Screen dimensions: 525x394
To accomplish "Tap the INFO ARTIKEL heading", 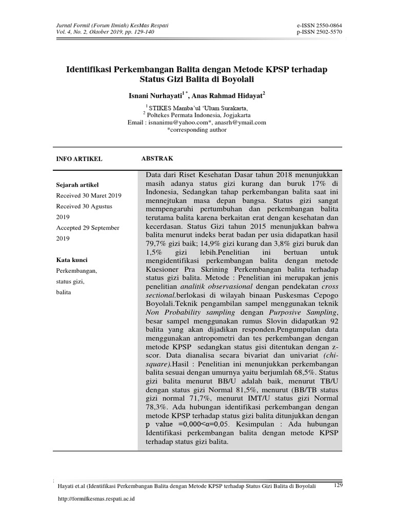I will click(x=79, y=159).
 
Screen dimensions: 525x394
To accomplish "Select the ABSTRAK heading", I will click(x=157, y=159).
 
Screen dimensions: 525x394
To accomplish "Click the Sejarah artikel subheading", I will click(x=76, y=185).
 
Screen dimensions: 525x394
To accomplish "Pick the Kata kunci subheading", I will click(x=71, y=260).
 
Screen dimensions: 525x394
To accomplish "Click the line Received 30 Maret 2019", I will click(x=88, y=195).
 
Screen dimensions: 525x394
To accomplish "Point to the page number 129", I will click(x=338, y=485).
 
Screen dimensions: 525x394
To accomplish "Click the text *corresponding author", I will click(x=196, y=130).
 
